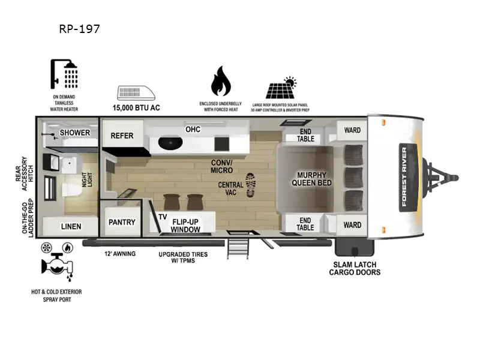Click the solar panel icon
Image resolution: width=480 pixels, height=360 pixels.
coord(281,88)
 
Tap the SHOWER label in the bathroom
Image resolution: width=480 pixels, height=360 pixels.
coord(74,133)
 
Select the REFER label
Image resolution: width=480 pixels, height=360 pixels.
coord(122,136)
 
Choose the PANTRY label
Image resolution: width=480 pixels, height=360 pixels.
coord(122,222)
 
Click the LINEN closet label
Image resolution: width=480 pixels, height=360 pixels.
coord(71,226)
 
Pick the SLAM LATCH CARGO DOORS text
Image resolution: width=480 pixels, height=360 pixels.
coord(355,268)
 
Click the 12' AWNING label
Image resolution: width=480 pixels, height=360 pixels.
coord(120,254)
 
